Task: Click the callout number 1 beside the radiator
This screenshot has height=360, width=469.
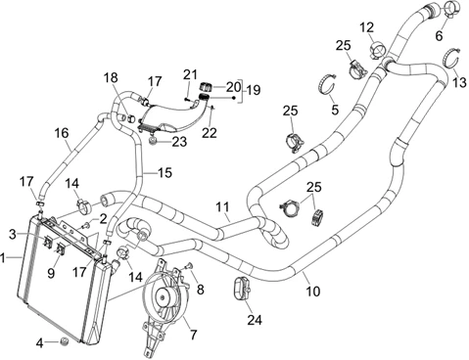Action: coord(3,258)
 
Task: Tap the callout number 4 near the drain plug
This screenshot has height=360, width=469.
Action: coord(39,342)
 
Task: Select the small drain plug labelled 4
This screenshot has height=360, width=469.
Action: coord(65,341)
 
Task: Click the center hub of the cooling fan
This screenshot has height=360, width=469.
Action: coord(163,296)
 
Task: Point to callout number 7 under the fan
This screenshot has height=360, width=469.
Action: coord(194,335)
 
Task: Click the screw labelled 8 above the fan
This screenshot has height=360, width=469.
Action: coord(188,267)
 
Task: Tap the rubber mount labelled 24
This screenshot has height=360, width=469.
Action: coord(241,289)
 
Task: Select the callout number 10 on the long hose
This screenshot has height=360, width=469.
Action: coord(313,291)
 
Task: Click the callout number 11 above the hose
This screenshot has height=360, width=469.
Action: coord(222,207)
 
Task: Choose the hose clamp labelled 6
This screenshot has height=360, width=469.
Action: coord(452,8)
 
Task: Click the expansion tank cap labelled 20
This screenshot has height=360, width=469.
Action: coord(206,87)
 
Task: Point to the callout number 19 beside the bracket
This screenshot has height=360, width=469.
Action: coord(254,90)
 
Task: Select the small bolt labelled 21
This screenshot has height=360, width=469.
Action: coord(187,98)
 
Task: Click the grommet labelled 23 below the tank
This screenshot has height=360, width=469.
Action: coord(152,142)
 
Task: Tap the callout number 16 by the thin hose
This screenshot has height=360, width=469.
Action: coord(62,133)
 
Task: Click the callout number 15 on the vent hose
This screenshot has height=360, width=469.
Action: coord(165,173)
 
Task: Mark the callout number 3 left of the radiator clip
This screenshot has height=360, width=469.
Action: coord(12,234)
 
